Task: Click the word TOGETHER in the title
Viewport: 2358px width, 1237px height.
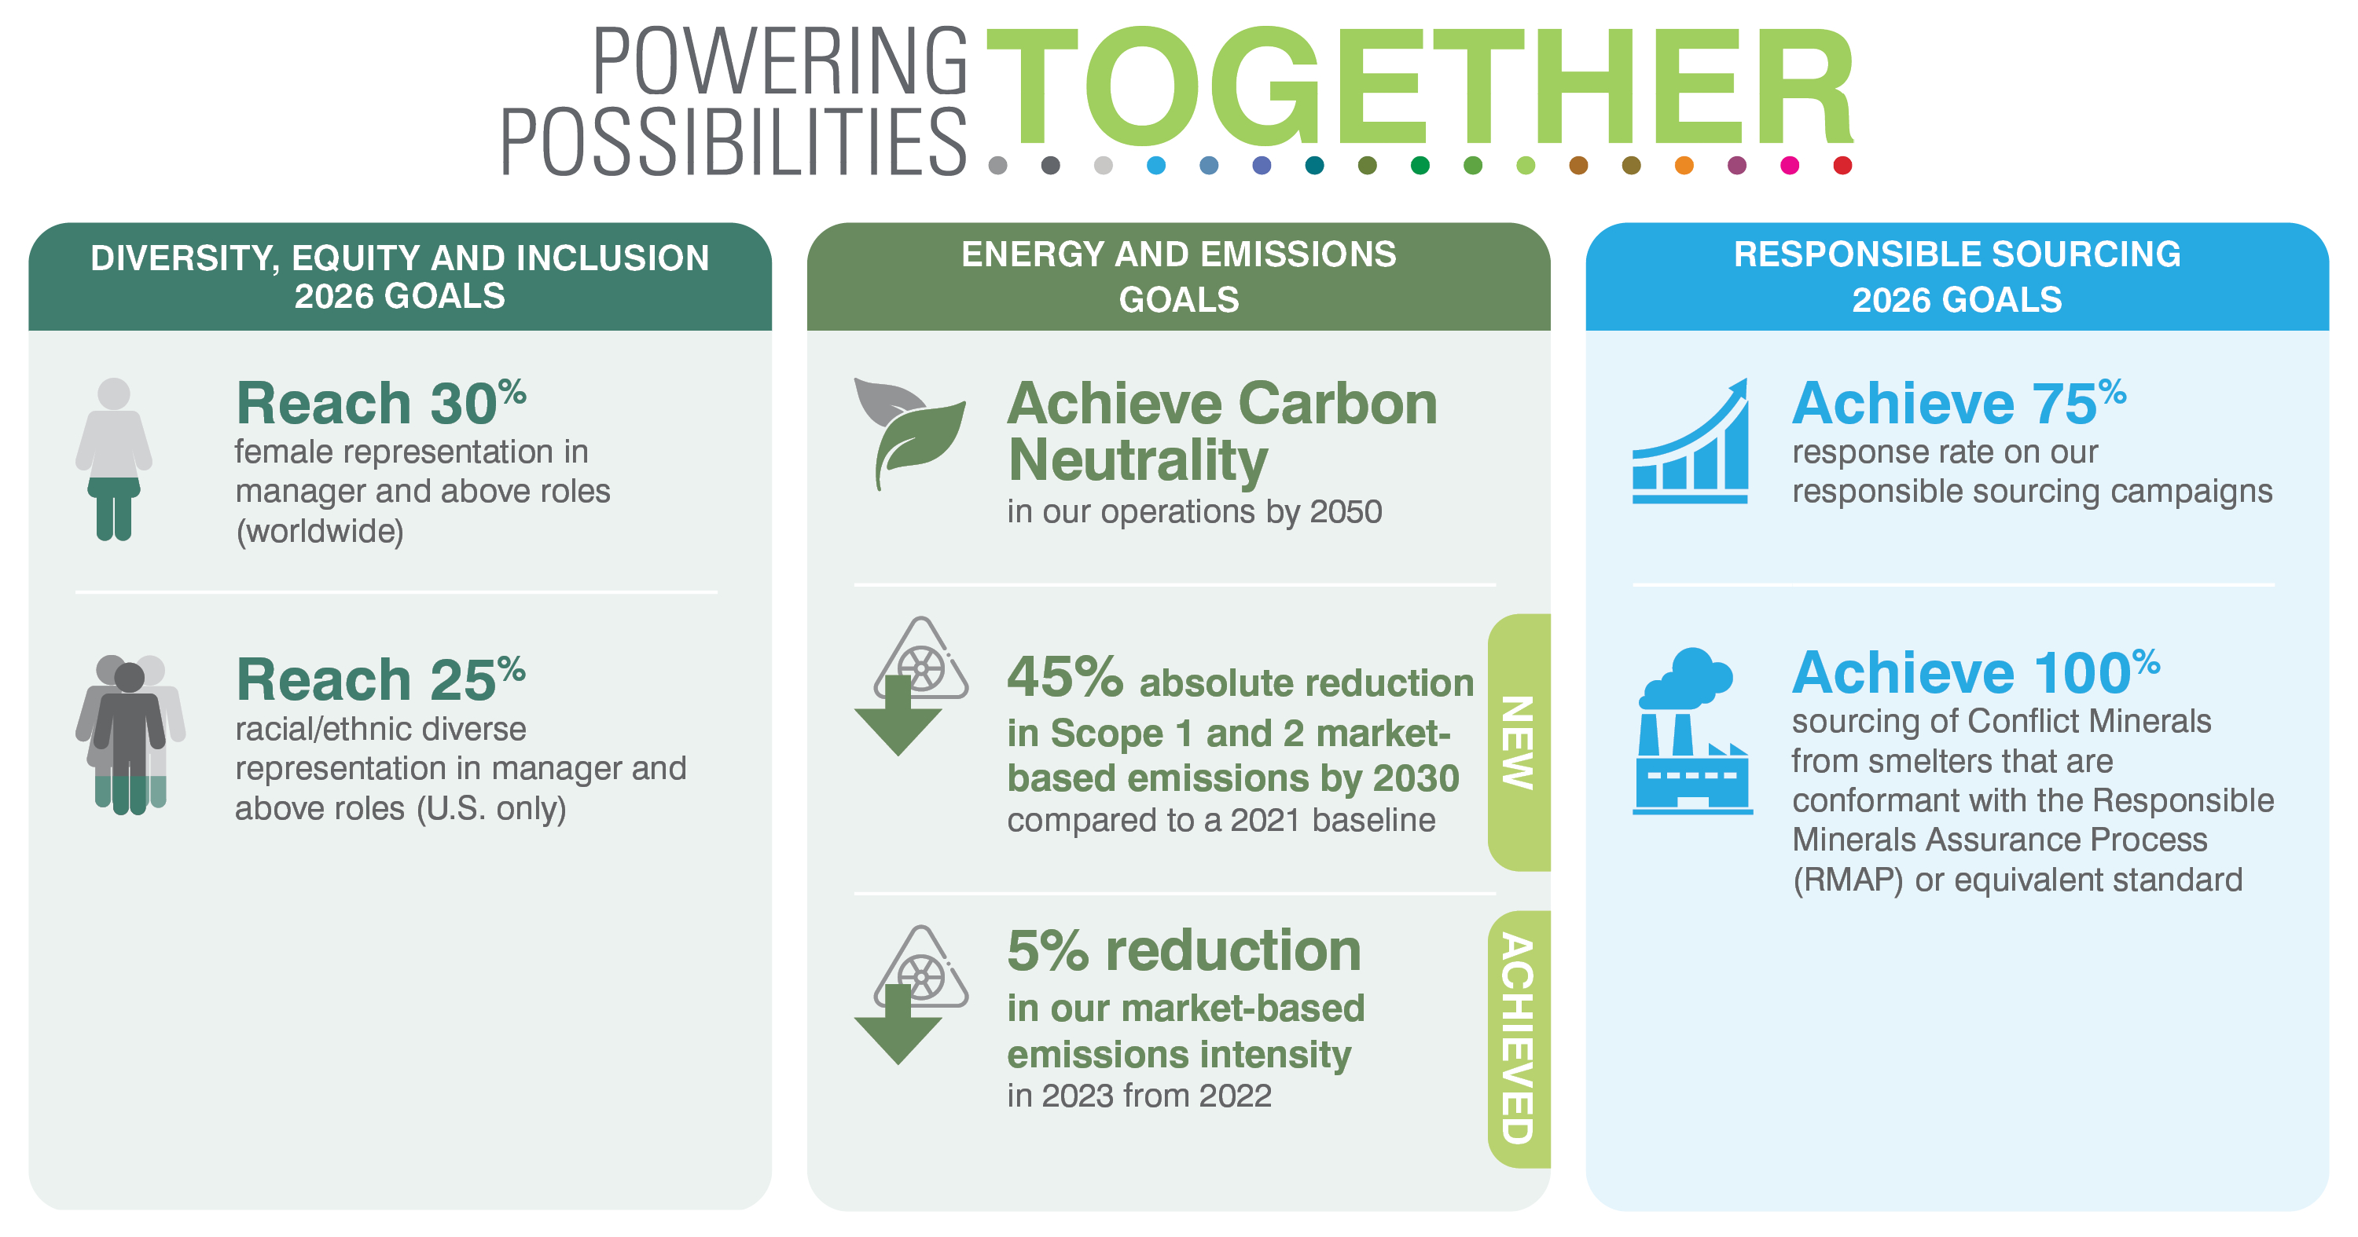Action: tap(1420, 87)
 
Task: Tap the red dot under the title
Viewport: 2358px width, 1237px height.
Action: tap(1842, 166)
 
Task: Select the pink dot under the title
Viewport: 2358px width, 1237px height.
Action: tap(1790, 166)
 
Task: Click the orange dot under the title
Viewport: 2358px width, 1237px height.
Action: tap(1684, 166)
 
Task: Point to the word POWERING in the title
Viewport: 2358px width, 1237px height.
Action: tap(780, 61)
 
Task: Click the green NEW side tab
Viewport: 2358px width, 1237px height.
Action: tap(1519, 742)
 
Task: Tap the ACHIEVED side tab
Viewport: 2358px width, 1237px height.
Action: tap(1519, 1039)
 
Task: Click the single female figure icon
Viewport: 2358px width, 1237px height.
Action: tap(113, 459)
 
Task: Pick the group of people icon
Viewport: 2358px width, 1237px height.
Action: tap(130, 734)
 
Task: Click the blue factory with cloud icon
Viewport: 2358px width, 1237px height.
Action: tap(1692, 731)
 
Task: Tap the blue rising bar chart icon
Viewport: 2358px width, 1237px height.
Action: tap(1691, 441)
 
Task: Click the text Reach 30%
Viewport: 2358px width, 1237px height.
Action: tap(380, 403)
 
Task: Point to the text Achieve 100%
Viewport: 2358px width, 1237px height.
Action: tap(1975, 672)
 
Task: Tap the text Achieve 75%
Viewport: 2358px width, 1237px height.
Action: tap(1959, 403)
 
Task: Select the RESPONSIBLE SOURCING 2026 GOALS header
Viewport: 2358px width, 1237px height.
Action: tap(1957, 276)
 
